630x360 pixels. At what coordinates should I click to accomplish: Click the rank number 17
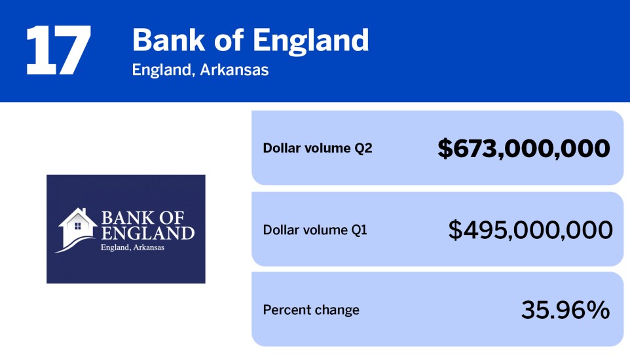pyautogui.click(x=58, y=50)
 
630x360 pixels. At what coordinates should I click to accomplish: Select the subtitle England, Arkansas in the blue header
pyautogui.click(x=200, y=69)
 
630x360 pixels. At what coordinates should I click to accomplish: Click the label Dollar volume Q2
pyautogui.click(x=317, y=148)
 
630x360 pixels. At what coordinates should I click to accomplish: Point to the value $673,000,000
pyautogui.click(x=523, y=149)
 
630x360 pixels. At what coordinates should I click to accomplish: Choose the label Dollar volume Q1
pyautogui.click(x=315, y=230)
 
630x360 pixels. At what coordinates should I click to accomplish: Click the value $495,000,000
pyautogui.click(x=530, y=230)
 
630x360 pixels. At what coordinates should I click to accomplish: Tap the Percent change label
pyautogui.click(x=311, y=310)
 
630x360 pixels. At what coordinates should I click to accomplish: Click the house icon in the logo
pyautogui.click(x=77, y=226)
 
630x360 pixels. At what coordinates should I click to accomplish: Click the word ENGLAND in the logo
pyautogui.click(x=147, y=233)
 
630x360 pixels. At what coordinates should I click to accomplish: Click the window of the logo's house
pyautogui.click(x=77, y=226)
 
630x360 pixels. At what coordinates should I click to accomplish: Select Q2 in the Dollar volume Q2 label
pyautogui.click(x=363, y=148)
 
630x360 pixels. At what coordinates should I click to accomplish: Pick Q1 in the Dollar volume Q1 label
pyautogui.click(x=358, y=230)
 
